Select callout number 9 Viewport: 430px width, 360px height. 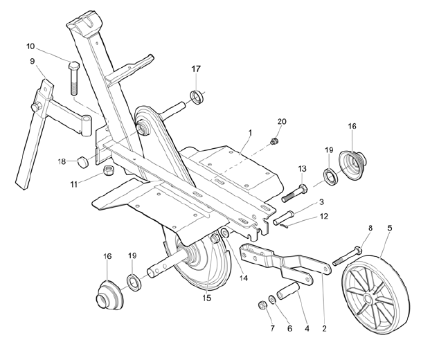pyautogui.click(x=33, y=62)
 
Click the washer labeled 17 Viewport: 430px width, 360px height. pyautogui.click(x=197, y=96)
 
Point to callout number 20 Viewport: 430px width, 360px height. pyautogui.click(x=281, y=121)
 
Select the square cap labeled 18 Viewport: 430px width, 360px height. pyautogui.click(x=82, y=163)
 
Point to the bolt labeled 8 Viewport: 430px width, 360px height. pyautogui.click(x=346, y=256)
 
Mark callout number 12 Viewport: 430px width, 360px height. pyautogui.click(x=323, y=217)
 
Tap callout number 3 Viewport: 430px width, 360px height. pyautogui.click(x=321, y=202)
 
